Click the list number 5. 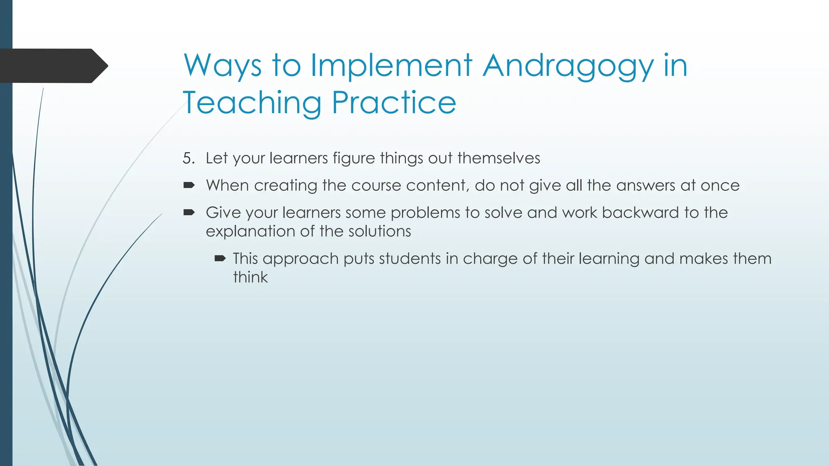188,158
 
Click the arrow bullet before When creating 189,185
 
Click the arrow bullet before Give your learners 189,212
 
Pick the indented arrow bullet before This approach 220,258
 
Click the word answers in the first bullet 646,185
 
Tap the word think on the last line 250,277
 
